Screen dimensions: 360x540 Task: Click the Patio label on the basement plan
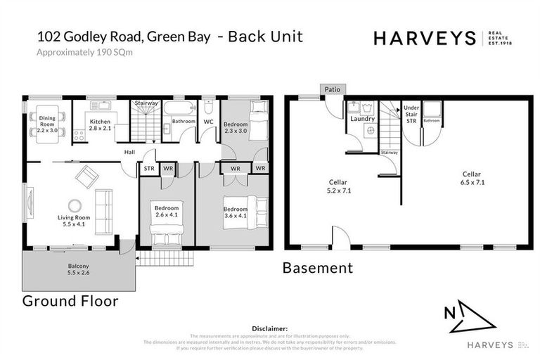click(x=331, y=90)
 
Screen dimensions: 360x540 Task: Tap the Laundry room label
click(x=362, y=118)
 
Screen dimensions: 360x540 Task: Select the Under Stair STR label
click(x=411, y=114)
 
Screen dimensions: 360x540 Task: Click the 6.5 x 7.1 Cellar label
click(x=471, y=178)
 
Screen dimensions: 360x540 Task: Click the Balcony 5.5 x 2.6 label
click(x=78, y=269)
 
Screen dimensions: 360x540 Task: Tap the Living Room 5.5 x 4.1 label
click(x=75, y=221)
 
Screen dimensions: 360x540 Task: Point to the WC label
click(x=208, y=122)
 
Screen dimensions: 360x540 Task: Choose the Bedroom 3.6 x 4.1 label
click(x=236, y=212)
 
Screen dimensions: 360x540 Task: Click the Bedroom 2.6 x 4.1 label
click(x=167, y=212)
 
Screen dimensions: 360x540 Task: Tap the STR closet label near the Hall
click(x=148, y=169)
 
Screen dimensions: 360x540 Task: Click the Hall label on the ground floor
click(x=130, y=151)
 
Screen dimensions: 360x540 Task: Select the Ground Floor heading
click(x=70, y=301)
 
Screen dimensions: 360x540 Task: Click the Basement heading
click(x=317, y=268)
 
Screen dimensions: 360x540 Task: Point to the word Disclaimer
click(x=269, y=328)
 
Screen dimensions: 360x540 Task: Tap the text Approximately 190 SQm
click(x=84, y=53)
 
